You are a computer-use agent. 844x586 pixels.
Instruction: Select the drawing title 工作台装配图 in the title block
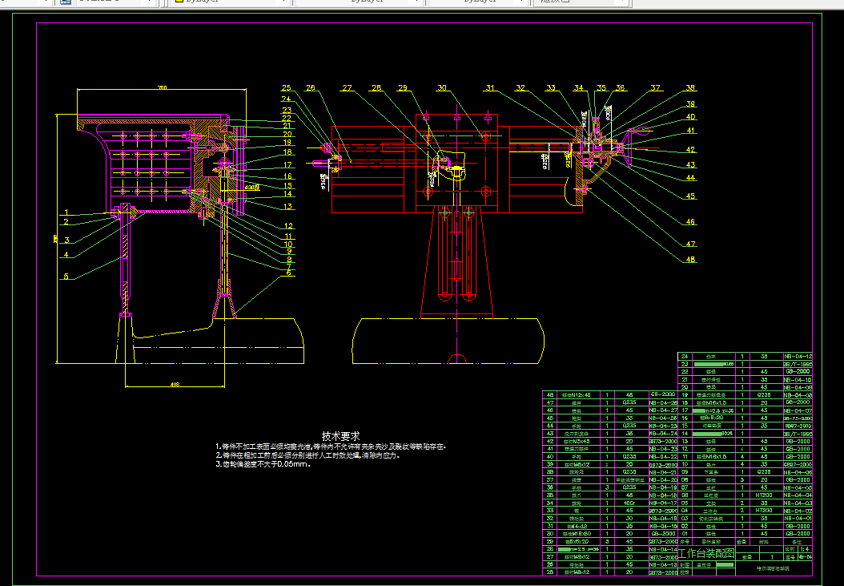tap(706, 552)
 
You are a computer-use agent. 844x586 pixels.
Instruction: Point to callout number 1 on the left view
tap(67, 212)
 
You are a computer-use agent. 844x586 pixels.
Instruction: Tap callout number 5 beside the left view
tap(67, 277)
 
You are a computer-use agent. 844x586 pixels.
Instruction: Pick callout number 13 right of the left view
tap(287, 207)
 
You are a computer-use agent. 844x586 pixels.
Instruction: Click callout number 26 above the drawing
tap(311, 87)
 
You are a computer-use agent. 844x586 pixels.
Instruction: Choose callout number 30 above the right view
tap(442, 87)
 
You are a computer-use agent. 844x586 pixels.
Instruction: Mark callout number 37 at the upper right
tap(656, 87)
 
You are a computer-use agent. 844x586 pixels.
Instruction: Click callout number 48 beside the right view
tap(689, 260)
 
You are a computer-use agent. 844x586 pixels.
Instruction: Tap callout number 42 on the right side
tap(689, 150)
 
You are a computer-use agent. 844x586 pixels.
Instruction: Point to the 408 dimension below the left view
tap(175, 385)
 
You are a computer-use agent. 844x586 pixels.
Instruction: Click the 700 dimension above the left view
tap(163, 87)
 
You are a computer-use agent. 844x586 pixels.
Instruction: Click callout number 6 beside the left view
tap(287, 273)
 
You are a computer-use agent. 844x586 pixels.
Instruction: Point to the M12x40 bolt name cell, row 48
tap(577, 394)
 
